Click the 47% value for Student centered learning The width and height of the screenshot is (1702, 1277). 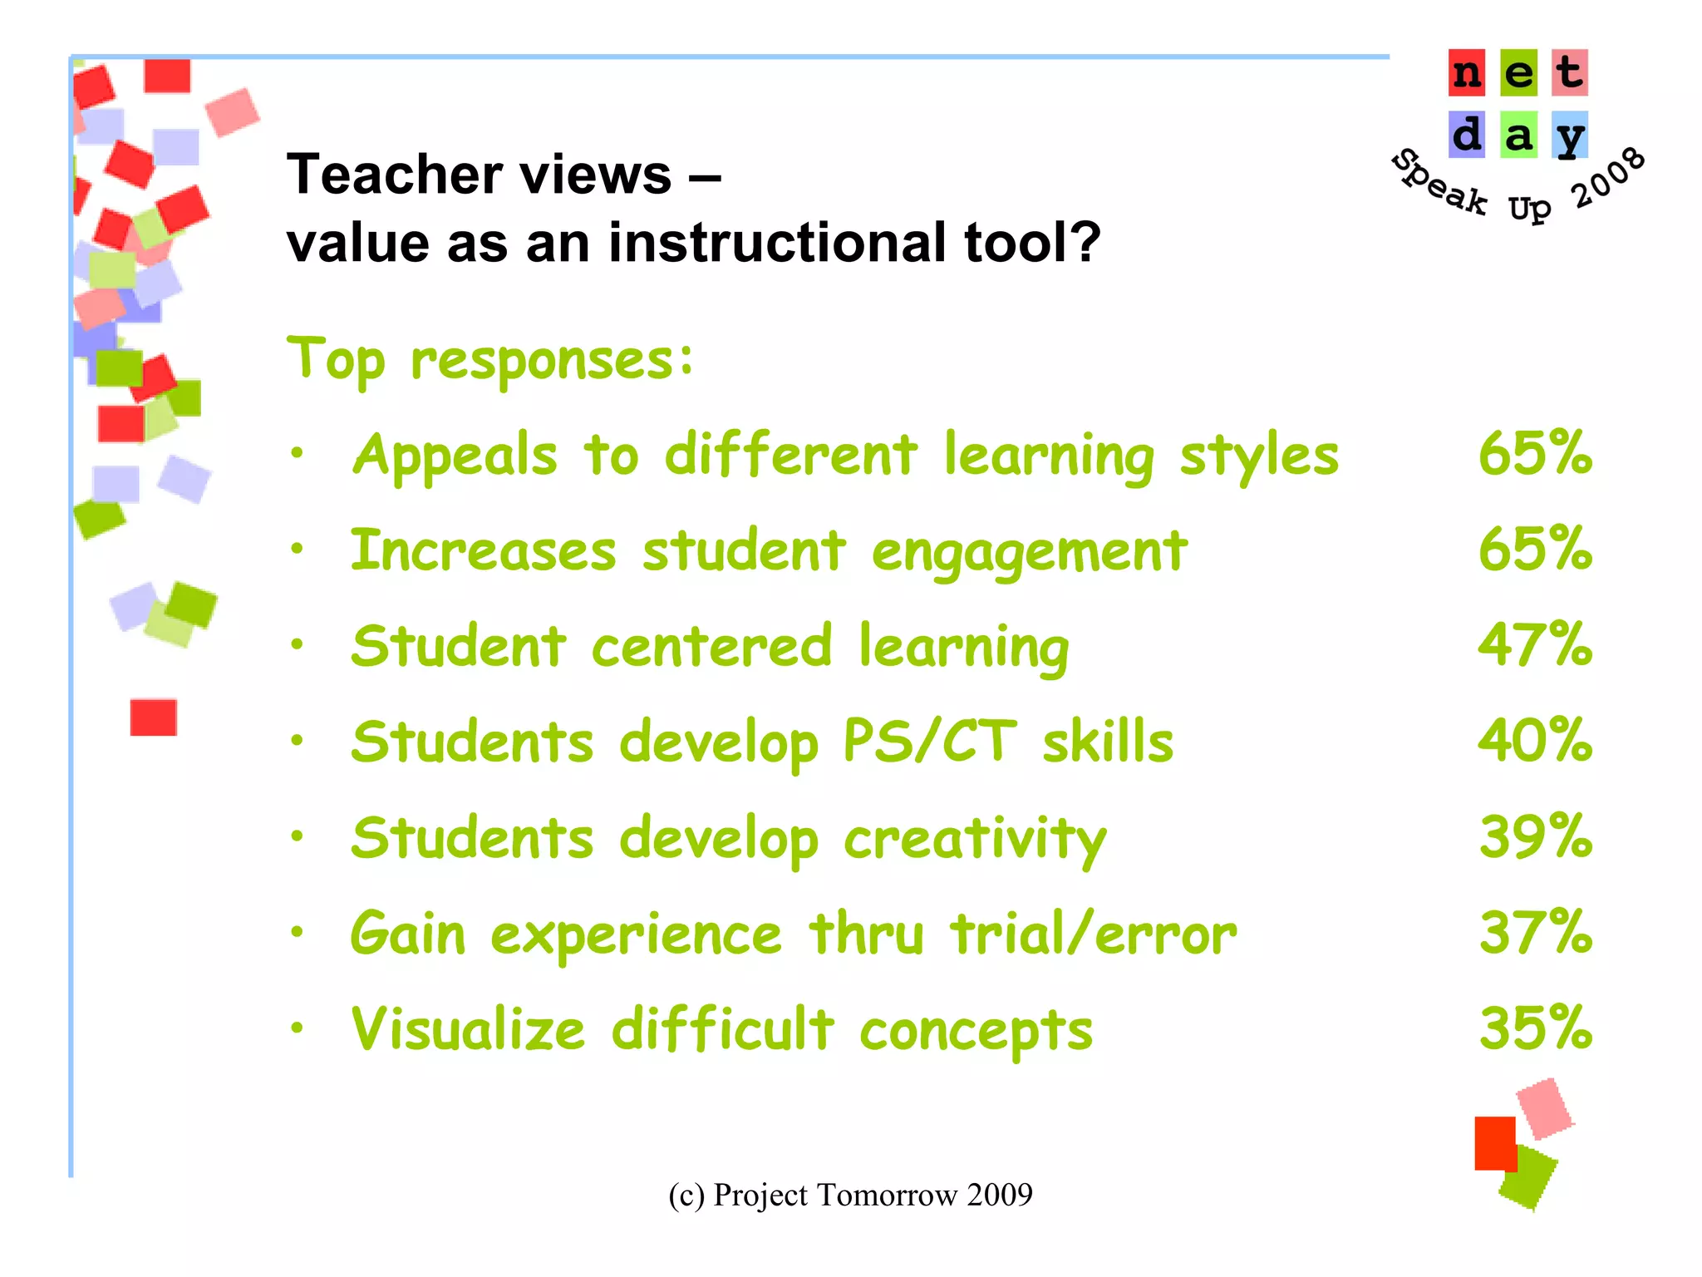[x=1535, y=645]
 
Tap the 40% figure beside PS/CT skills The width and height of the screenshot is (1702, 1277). [x=1535, y=741]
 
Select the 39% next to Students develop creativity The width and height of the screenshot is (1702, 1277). [x=1535, y=836]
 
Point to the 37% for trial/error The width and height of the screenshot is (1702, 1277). [x=1535, y=932]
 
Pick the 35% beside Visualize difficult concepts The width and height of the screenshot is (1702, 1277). [x=1535, y=1028]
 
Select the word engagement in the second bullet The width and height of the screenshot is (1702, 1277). [x=1029, y=553]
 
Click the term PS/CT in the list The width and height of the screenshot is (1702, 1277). [x=929, y=741]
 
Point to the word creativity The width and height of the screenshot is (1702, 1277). [x=974, y=840]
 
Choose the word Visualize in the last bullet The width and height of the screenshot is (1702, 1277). [x=468, y=1029]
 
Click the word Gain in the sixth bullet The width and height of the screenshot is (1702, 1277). [x=407, y=934]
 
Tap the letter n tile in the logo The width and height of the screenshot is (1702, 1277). [x=1467, y=73]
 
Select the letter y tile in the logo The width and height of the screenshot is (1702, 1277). [x=1570, y=136]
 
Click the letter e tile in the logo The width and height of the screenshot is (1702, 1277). [x=1518, y=73]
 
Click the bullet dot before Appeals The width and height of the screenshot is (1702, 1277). [x=297, y=453]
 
